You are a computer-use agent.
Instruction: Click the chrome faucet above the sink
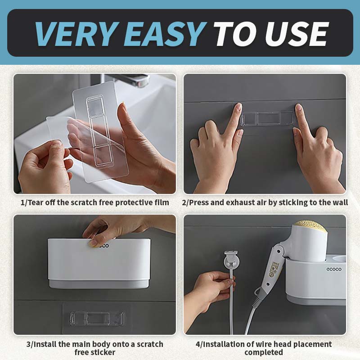[135, 80]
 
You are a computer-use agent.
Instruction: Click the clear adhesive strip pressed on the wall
[267, 119]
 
